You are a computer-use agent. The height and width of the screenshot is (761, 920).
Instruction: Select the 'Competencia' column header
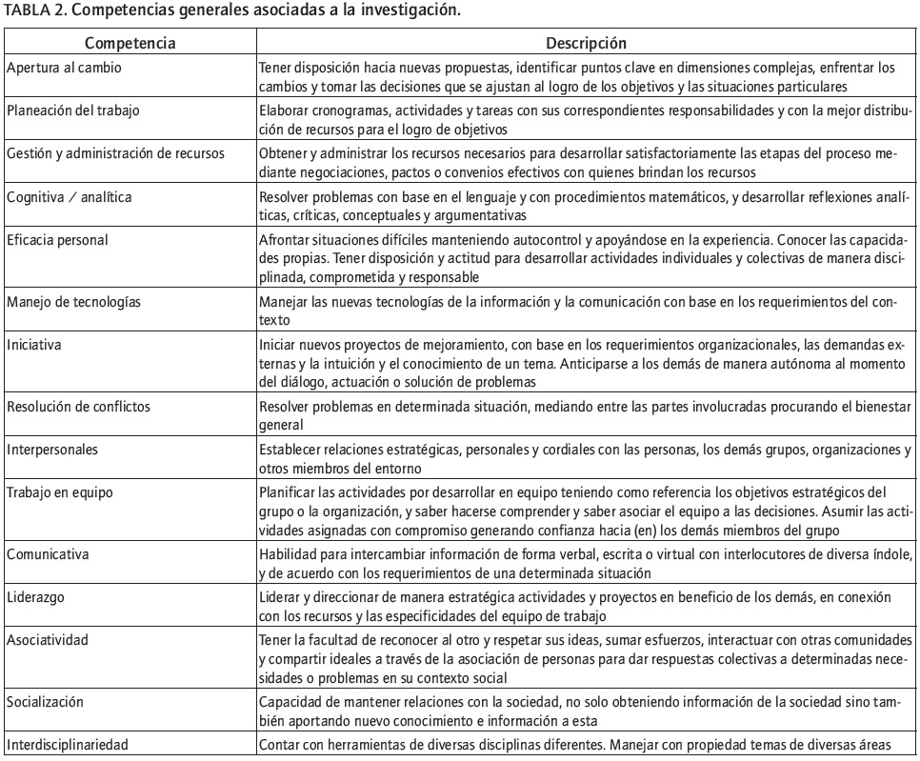(130, 43)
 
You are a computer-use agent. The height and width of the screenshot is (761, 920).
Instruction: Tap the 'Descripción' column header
(586, 43)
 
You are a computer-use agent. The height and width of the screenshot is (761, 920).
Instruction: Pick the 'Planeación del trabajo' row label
(73, 110)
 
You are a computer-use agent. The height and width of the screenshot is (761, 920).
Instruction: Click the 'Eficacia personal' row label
(58, 237)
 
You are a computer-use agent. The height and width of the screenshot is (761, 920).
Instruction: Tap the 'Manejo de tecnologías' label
(72, 302)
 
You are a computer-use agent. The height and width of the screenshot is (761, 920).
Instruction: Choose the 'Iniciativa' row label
(36, 342)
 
